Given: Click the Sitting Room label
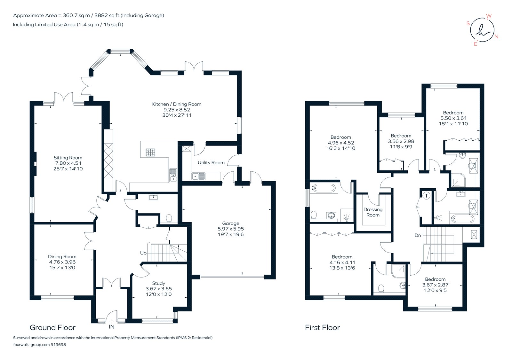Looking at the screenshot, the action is pos(68,158).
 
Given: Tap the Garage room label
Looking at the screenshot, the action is pos(231,223).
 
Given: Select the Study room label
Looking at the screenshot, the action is pos(159,283).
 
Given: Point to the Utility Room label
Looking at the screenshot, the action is pos(211,162).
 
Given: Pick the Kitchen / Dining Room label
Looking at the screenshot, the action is pos(177,104).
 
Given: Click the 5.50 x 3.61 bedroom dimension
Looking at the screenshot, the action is pos(453,118).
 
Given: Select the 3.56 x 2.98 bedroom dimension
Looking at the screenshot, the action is pos(401,141).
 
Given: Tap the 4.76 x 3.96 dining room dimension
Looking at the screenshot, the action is pos(62,262).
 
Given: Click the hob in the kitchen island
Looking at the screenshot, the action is pos(151,153).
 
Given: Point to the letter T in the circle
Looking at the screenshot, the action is pos(426,196).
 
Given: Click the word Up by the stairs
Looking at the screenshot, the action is pos(143,253).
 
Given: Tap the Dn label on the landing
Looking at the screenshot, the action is pos(418,235).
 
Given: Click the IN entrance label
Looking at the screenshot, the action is pos(111,327).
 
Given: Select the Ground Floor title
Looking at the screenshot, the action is pos(52,328).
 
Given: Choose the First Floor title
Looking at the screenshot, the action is pos(322,328).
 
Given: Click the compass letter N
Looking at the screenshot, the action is pos(496,36).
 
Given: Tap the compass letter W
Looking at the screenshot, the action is pos(489,16).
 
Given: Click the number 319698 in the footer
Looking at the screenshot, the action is pos(58,345).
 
